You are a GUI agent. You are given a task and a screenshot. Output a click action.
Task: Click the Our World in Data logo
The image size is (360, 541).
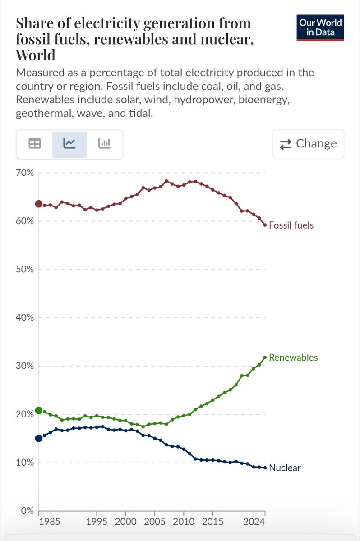pyautogui.click(x=320, y=28)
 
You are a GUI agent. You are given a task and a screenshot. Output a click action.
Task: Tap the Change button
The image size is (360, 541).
pyautogui.click(x=308, y=144)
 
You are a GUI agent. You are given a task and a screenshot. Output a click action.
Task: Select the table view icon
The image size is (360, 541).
pyautogui.click(x=34, y=144)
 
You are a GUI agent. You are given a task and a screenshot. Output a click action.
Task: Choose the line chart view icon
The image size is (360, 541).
pyautogui.click(x=69, y=144)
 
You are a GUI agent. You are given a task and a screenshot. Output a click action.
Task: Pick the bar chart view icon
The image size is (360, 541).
pyautogui.click(x=105, y=144)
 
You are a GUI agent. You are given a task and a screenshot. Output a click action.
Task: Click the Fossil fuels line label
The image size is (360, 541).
pyautogui.click(x=291, y=225)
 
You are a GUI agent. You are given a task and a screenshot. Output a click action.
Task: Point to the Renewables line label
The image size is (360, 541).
pyautogui.click(x=293, y=358)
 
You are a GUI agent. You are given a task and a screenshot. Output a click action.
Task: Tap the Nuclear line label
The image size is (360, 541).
pyautogui.click(x=285, y=468)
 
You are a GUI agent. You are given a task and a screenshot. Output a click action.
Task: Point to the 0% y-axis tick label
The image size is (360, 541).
pyautogui.click(x=28, y=511)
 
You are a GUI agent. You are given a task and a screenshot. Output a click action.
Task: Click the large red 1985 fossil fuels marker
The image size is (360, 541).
pyautogui.click(x=39, y=204)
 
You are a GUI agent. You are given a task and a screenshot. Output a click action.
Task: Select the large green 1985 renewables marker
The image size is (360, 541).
pyautogui.click(x=39, y=410)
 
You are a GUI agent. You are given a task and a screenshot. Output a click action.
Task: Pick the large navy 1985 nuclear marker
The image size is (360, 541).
pyautogui.click(x=39, y=438)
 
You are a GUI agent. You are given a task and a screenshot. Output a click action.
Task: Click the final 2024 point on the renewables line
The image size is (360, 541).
pyautogui.click(x=265, y=358)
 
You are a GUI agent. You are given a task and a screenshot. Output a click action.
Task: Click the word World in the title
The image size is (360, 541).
pyautogui.click(x=36, y=55)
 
